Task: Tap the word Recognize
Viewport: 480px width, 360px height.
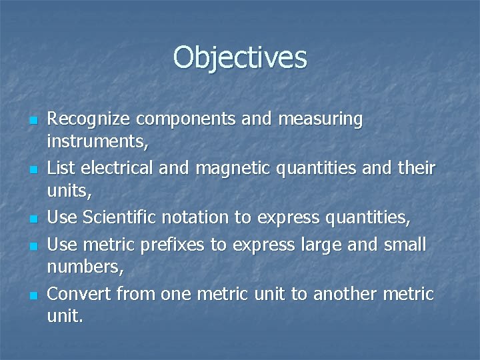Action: pyautogui.click(x=88, y=120)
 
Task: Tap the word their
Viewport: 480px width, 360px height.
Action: pyautogui.click(x=415, y=167)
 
